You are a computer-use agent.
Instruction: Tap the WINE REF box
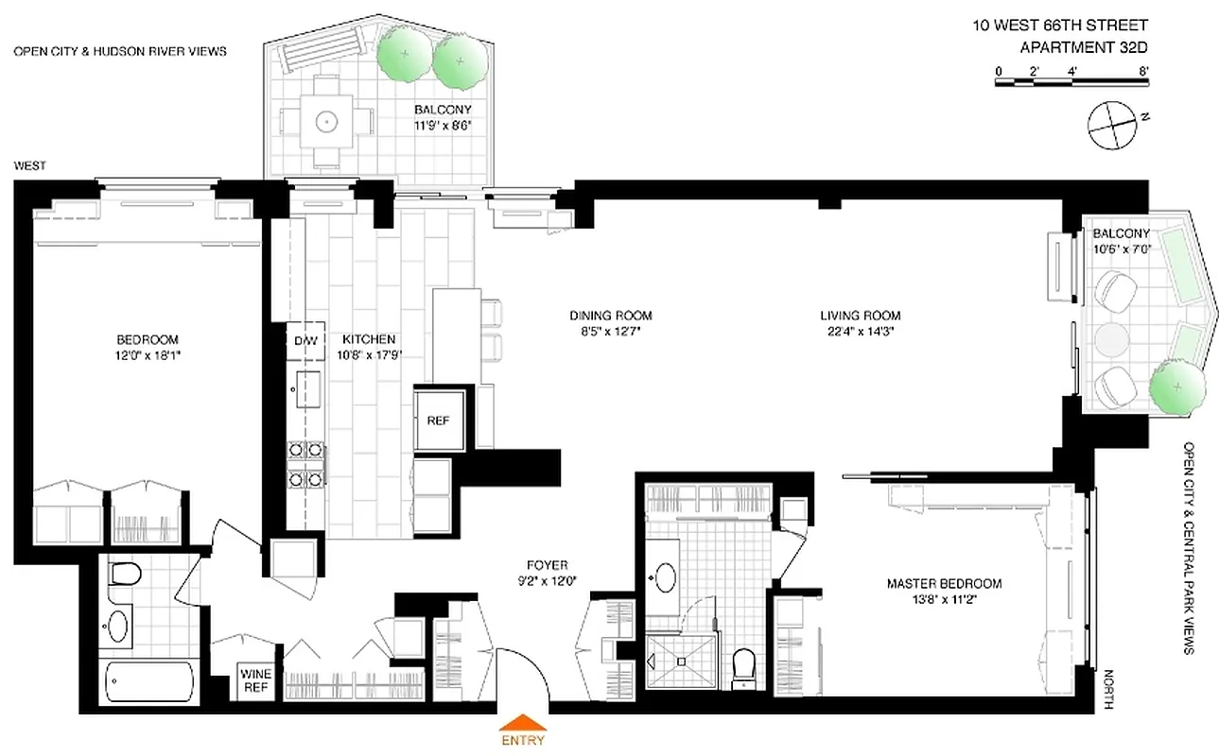255,680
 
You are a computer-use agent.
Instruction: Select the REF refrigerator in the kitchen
439,421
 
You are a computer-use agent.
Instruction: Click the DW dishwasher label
305,340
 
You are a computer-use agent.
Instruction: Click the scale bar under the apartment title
1072,84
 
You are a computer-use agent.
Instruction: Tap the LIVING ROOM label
860,316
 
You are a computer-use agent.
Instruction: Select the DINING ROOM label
610,316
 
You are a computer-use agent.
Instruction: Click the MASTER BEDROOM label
944,583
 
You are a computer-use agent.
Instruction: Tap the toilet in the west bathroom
124,575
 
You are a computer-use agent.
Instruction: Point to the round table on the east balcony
1111,339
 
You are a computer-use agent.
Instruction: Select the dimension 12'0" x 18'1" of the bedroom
147,355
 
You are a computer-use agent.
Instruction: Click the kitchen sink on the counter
307,387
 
